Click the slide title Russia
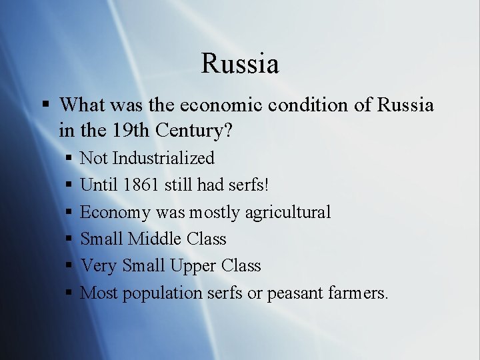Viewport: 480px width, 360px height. point(240,64)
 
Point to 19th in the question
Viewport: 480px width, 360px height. point(130,131)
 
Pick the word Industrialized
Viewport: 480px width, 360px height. point(163,158)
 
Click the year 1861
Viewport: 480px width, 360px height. point(141,185)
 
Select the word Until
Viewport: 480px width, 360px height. point(99,185)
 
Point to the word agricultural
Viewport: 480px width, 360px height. point(287,212)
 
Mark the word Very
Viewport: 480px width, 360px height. point(99,265)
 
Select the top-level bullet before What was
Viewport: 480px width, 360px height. point(45,105)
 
